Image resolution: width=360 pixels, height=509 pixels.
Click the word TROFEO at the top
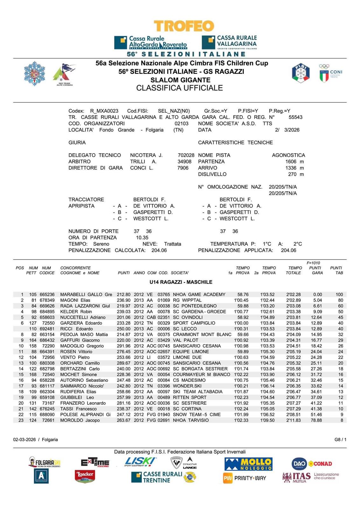pyautogui.click(x=184, y=26)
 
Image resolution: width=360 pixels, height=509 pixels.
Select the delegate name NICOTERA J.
pyautogui.click(x=146, y=155)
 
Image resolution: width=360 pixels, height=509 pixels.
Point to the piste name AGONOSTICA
pyautogui.click(x=288, y=155)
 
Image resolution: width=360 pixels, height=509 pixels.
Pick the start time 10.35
pyautogui.click(x=142, y=238)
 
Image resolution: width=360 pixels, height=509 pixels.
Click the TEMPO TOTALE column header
pyautogui.click(x=295, y=270)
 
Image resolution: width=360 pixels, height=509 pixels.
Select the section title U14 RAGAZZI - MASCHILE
pyautogui.click(x=181, y=282)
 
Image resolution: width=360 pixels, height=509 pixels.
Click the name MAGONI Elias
pyautogui.click(x=75, y=300)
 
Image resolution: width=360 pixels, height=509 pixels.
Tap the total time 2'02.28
pyautogui.click(x=293, y=295)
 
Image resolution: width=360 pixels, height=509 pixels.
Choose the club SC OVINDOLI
pyautogui.click(x=188, y=317)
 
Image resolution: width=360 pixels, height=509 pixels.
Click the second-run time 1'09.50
pyautogui.click(x=267, y=421)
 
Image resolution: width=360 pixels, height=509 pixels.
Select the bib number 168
pyautogui.click(x=33, y=375)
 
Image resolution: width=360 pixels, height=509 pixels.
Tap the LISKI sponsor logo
pyautogui.click(x=140, y=462)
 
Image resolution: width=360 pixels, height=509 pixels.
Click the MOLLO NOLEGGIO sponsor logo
pyautogui.click(x=248, y=464)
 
